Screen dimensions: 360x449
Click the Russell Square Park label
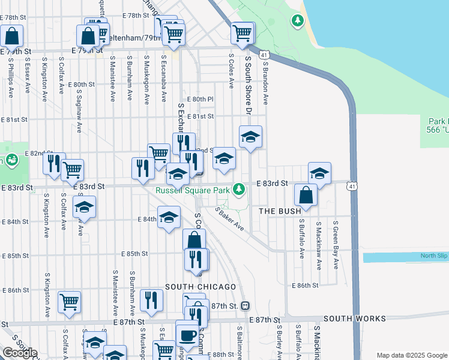coord(193,191)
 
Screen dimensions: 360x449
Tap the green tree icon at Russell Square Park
coord(240,190)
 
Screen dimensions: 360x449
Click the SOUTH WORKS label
coord(349,319)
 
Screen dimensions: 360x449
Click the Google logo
coord(19,353)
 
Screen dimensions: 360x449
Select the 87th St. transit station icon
coord(245,306)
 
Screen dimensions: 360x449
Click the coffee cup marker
coord(187,335)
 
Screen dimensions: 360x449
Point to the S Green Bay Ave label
coord(336,245)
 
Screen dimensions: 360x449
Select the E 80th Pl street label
coord(200,99)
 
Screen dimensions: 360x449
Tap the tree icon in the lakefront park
coord(297,22)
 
